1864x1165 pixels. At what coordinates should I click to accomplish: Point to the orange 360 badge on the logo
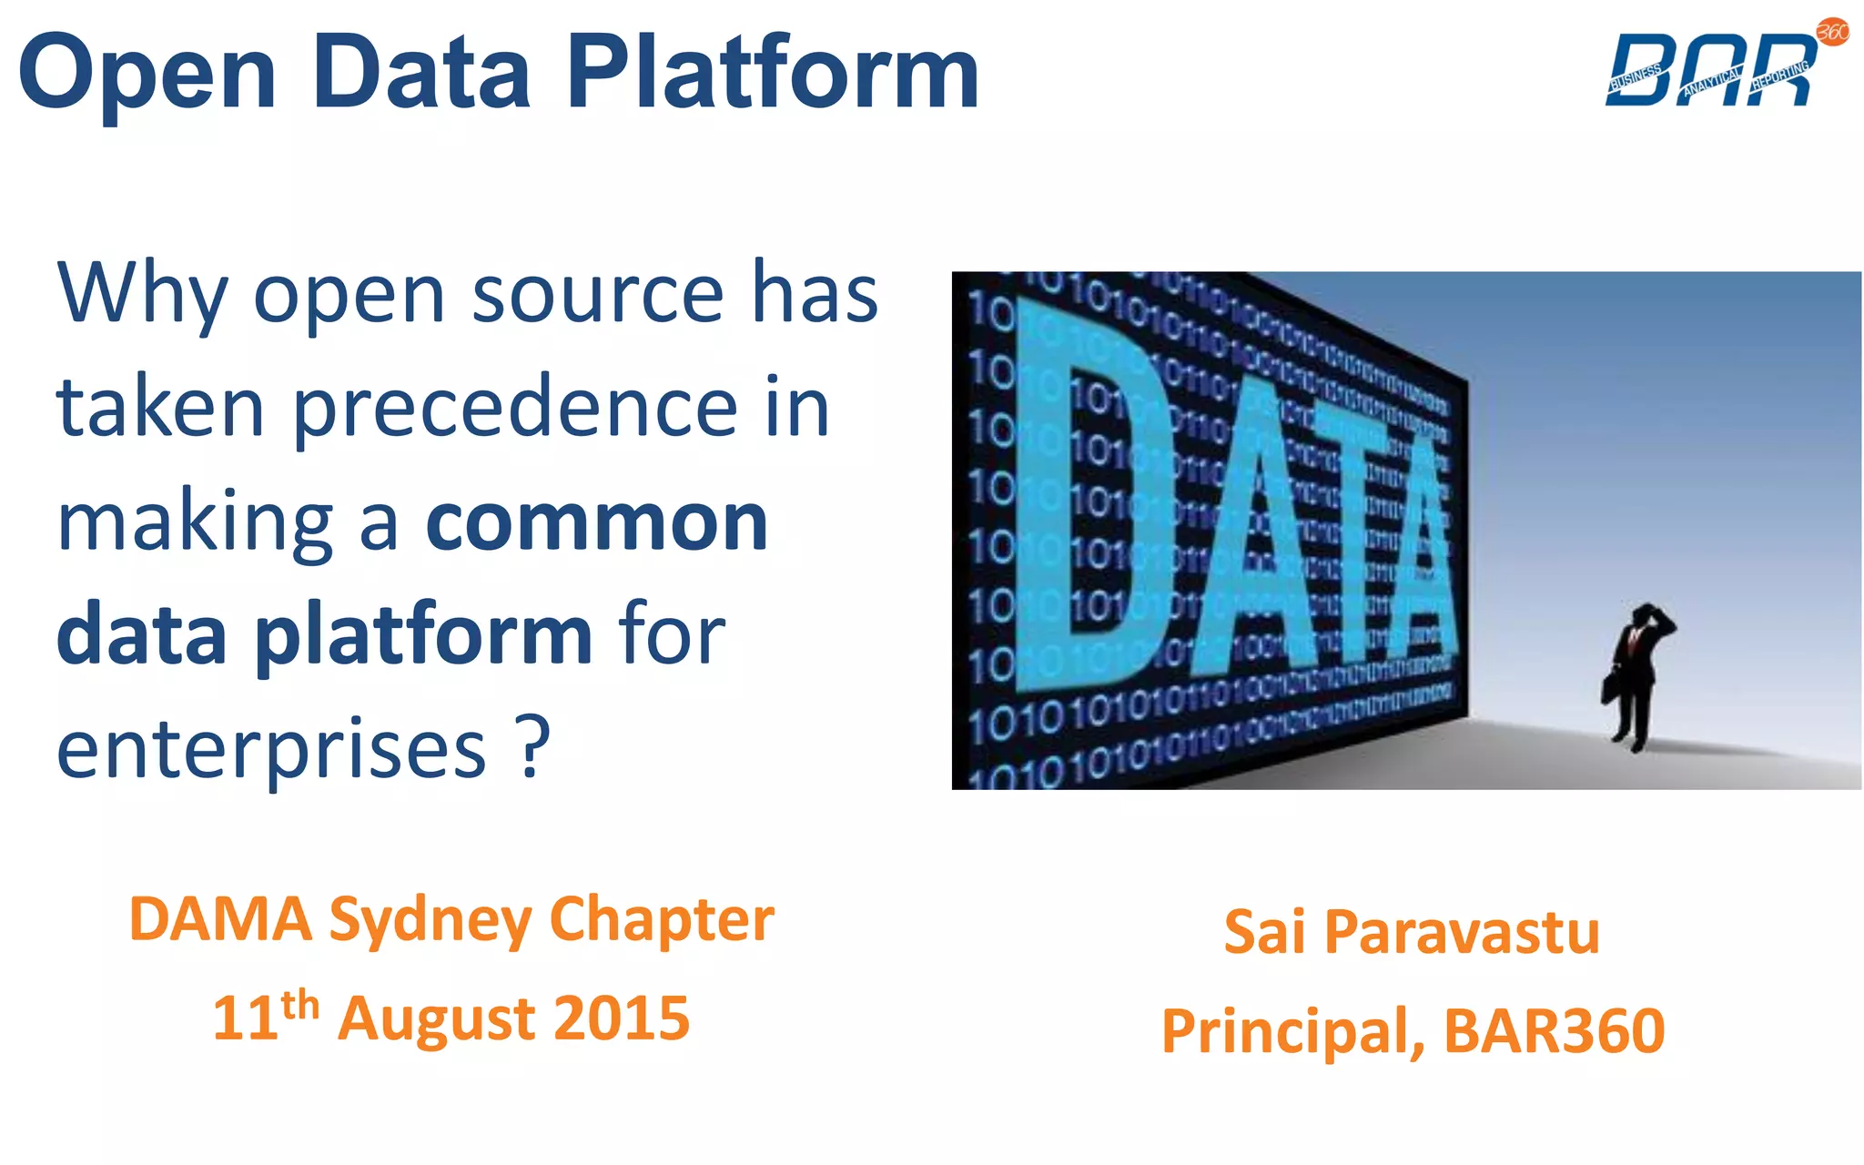[x=1832, y=33]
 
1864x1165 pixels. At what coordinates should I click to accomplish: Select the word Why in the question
[x=142, y=295]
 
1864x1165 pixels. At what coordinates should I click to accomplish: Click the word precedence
[x=514, y=410]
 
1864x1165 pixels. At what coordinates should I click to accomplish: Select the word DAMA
[x=220, y=919]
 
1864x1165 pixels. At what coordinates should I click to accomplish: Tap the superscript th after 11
[x=300, y=1006]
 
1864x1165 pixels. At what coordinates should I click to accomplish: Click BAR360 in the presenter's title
[x=1555, y=1030]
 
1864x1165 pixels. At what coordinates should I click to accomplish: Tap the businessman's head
[x=1646, y=615]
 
